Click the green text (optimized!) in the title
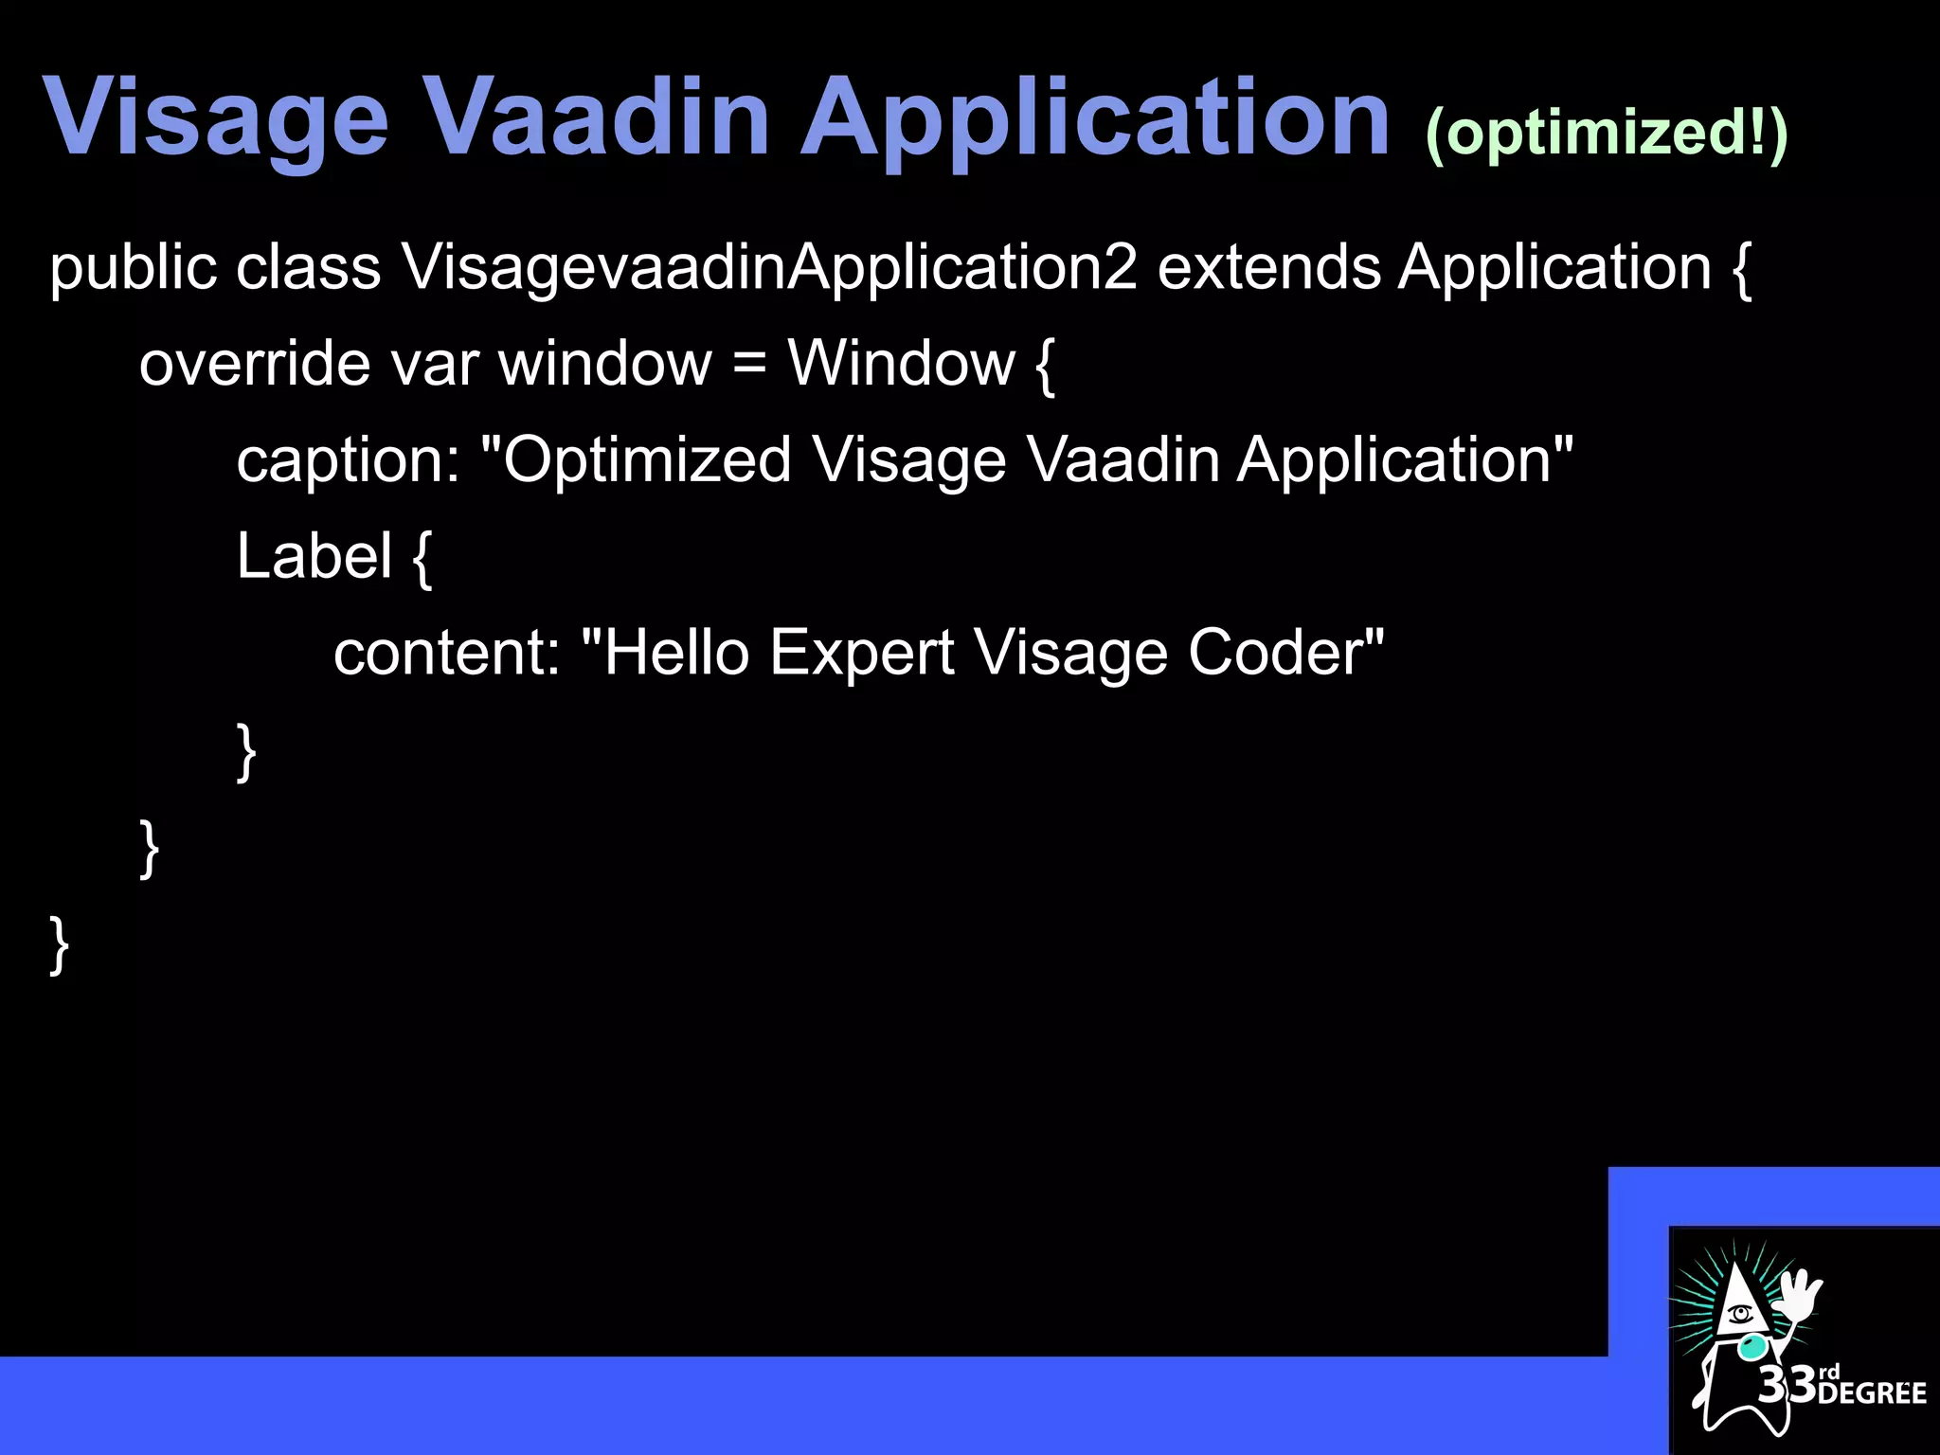pos(1607,133)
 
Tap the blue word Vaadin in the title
pos(599,117)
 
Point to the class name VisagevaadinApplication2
pos(768,268)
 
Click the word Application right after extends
pos(1554,268)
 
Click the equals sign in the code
pos(749,366)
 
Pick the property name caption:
pos(348,461)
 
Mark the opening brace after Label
pos(422,559)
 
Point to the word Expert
pos(862,654)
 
